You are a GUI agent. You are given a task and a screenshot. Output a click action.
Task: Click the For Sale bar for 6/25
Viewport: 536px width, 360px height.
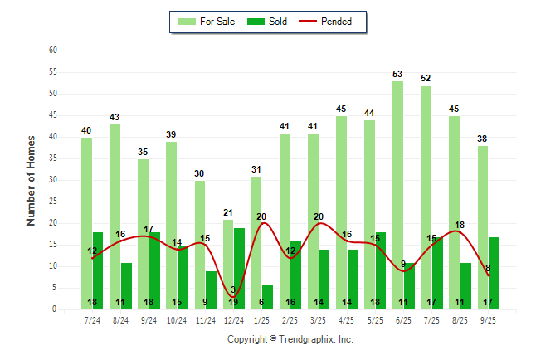397,195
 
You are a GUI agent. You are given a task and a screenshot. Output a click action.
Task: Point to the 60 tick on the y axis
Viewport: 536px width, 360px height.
52,51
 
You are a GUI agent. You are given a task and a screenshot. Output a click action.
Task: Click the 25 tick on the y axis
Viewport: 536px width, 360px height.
52,202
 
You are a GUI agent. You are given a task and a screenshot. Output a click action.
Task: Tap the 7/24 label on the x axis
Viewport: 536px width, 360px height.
92,319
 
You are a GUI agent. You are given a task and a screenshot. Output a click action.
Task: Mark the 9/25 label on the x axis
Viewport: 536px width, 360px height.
488,319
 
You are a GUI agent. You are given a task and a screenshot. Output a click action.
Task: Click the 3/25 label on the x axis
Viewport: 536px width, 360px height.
319,319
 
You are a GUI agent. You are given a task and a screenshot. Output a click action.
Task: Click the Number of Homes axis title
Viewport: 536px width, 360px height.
32,180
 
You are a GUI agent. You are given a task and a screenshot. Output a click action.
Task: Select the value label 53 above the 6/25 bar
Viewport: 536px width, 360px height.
397,75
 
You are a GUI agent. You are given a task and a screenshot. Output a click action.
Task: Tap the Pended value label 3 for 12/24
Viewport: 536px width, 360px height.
233,289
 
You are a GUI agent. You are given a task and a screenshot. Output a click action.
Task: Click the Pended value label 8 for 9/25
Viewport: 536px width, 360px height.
487,268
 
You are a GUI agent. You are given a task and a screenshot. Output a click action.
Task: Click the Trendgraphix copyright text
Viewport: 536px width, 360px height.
290,339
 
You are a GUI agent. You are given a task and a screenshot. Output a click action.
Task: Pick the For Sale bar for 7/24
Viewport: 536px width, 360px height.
86,223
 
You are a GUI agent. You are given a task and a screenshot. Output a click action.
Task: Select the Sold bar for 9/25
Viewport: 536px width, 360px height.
494,273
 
